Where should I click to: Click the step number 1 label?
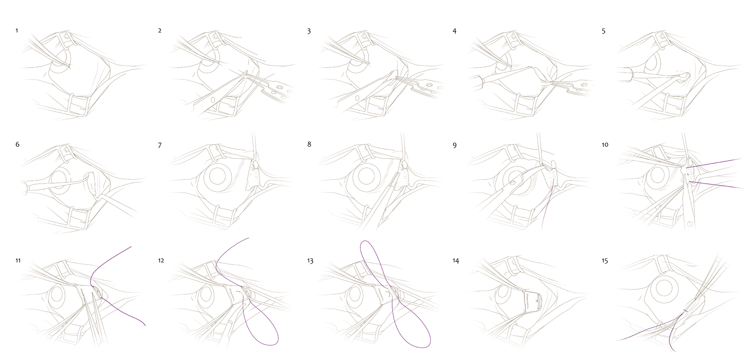[17, 31]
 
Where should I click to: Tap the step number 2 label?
[159, 31]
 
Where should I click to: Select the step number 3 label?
[309, 31]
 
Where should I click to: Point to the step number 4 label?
[454, 31]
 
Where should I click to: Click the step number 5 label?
[604, 31]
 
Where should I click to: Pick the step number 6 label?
[17, 145]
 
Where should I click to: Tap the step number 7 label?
[159, 145]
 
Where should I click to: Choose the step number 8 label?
[309, 145]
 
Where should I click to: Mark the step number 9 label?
[455, 145]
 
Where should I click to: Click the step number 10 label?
[605, 145]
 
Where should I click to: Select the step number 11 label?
[18, 261]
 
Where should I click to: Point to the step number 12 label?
[161, 261]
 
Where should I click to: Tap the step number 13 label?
[310, 261]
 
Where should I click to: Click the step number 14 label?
[456, 261]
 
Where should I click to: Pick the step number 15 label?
[605, 261]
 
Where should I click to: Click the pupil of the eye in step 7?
[217, 176]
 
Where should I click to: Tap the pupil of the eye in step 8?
[367, 176]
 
